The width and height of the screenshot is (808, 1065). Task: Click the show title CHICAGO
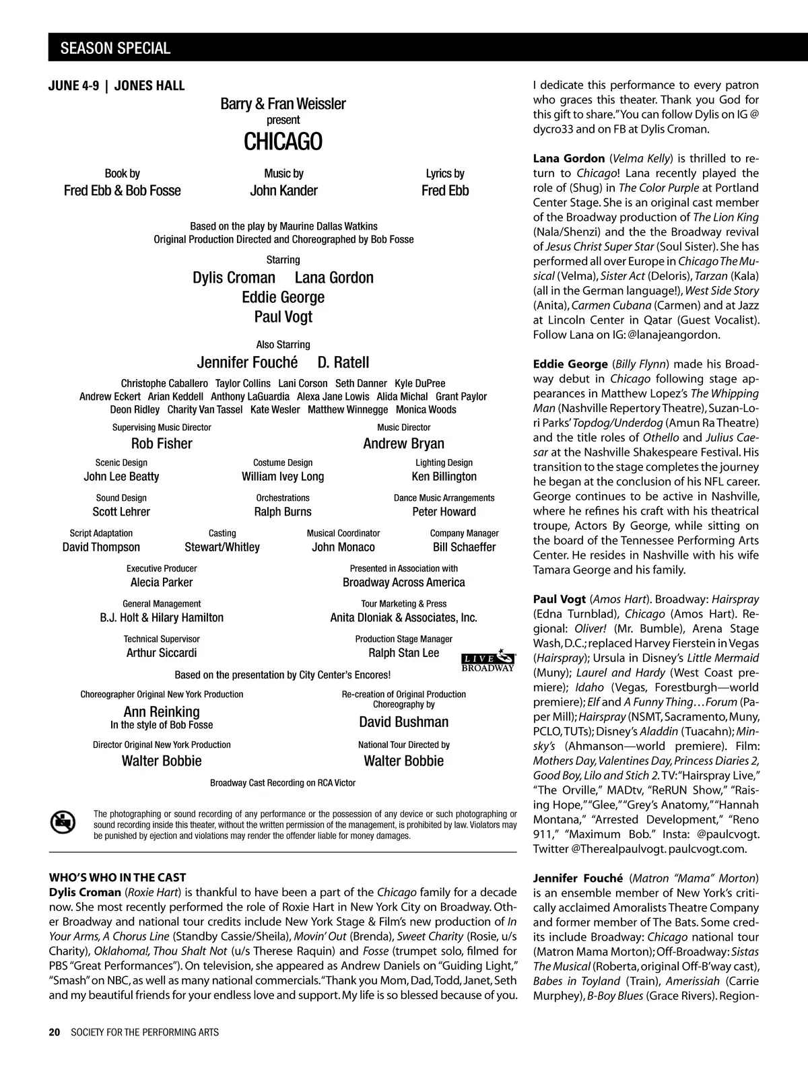[283, 142]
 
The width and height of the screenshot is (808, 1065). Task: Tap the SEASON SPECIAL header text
[115, 48]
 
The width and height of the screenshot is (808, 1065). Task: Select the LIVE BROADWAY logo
[488, 662]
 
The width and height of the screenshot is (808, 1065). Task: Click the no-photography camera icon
[63, 822]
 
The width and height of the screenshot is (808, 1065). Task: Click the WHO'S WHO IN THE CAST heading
[117, 877]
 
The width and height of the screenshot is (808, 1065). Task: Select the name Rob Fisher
[162, 444]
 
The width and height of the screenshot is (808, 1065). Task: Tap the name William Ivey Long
[283, 477]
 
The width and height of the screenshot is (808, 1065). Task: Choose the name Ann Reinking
[162, 712]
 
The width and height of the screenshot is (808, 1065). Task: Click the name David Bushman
[403, 722]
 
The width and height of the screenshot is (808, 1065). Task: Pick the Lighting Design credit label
[444, 462]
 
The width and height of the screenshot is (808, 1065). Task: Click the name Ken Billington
[444, 477]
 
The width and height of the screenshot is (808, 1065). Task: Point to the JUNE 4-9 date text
[73, 85]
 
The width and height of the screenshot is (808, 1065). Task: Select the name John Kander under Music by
[283, 191]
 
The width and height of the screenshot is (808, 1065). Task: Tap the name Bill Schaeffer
[464, 547]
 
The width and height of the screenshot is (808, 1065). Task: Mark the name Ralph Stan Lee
[403, 653]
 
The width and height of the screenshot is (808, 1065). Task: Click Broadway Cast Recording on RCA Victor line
[283, 783]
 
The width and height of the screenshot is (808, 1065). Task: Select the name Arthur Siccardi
[162, 653]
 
